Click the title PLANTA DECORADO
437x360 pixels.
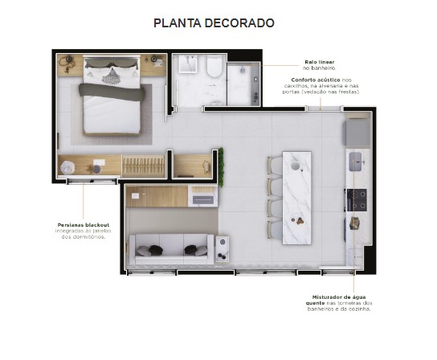[214, 23]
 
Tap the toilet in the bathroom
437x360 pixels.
[214, 73]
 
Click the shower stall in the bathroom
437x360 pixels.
[243, 85]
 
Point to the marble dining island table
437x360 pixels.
[294, 196]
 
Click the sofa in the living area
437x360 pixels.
[171, 247]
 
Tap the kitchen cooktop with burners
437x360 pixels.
[356, 199]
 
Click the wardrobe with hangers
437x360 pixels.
[145, 166]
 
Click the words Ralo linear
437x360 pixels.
[319, 61]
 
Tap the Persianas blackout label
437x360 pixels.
[83, 224]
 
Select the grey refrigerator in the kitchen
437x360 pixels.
[357, 131]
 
